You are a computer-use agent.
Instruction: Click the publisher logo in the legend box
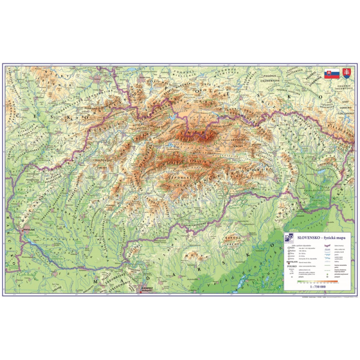(x=290, y=238)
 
